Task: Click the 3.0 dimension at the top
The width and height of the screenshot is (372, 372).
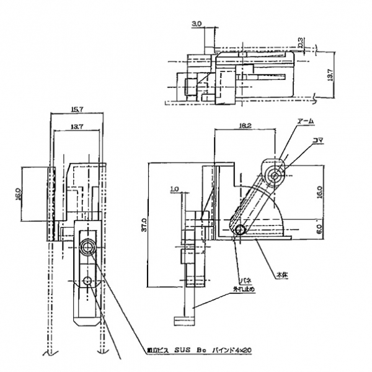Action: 197,24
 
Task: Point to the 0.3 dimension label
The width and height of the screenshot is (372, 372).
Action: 300,43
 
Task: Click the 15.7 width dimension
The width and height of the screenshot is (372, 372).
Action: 77,109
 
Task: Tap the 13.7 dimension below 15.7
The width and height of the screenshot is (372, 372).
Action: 77,126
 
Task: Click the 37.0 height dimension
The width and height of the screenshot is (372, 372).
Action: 144,223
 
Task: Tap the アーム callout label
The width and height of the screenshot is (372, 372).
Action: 306,122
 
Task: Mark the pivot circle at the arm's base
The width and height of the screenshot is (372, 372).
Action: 240,231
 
